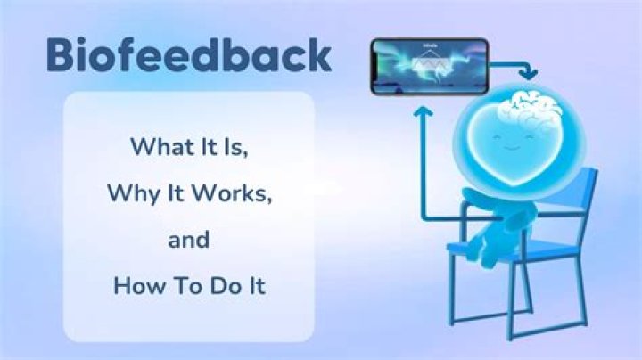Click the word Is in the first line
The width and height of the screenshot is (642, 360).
pyautogui.click(x=236, y=146)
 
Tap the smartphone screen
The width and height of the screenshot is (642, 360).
pyautogui.click(x=429, y=65)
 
